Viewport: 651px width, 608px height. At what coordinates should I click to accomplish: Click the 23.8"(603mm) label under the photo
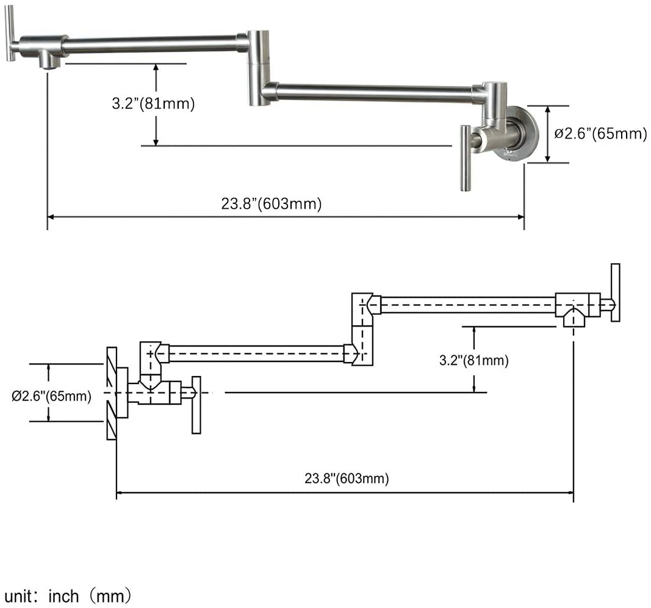271,204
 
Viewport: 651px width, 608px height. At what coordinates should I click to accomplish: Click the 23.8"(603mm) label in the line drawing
347,479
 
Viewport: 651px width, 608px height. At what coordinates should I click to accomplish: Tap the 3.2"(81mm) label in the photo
153,104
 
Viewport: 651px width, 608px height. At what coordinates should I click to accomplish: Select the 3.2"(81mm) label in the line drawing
473,361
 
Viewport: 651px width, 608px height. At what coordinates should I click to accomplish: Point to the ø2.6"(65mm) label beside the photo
600,134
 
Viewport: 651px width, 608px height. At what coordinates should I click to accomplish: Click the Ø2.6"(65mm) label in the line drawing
51,397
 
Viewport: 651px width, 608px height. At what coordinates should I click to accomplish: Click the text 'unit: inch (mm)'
68,595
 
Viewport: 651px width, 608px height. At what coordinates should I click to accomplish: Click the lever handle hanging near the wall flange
466,157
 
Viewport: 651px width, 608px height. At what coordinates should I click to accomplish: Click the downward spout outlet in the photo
49,61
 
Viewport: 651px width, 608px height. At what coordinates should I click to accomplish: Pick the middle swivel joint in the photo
259,67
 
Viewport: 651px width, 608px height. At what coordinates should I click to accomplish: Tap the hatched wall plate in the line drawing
111,393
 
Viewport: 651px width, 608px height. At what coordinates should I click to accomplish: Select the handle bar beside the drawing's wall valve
196,405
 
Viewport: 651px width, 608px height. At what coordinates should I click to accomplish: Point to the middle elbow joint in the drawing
362,328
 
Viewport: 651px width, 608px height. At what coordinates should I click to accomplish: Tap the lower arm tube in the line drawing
256,353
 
